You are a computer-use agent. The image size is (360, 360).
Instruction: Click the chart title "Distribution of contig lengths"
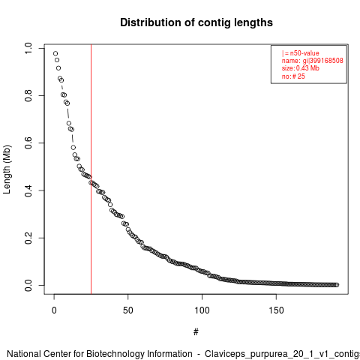click(196, 22)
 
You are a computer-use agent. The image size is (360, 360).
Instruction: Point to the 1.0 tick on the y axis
click(28, 48)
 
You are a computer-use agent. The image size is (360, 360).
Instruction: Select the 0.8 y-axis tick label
click(28, 95)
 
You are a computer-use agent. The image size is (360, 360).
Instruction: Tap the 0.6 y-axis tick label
click(28, 143)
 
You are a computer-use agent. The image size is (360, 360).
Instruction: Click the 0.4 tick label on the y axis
click(28, 190)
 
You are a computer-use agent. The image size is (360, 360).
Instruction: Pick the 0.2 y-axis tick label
click(28, 238)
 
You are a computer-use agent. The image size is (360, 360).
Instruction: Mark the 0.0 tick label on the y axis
click(28, 286)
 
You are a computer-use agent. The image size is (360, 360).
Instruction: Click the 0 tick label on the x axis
click(54, 310)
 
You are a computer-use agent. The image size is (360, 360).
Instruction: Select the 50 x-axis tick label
click(127, 310)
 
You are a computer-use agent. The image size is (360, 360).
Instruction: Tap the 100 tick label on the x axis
click(202, 310)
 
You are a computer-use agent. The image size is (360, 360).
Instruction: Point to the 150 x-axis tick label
click(276, 310)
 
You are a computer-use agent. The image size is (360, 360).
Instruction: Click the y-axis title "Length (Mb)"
click(7, 169)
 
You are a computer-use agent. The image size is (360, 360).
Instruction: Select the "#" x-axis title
click(196, 332)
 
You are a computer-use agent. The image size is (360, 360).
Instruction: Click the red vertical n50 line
click(91, 169)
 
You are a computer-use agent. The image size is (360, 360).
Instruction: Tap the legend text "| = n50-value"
click(301, 53)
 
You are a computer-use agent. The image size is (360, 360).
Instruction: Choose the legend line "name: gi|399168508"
click(313, 61)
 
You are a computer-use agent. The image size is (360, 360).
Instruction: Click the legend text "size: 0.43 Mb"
click(301, 68)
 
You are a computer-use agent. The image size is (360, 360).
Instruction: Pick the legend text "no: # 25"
click(293, 76)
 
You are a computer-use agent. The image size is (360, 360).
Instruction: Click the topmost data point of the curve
click(55, 53)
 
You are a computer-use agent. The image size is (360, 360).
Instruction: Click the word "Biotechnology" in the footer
click(115, 354)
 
